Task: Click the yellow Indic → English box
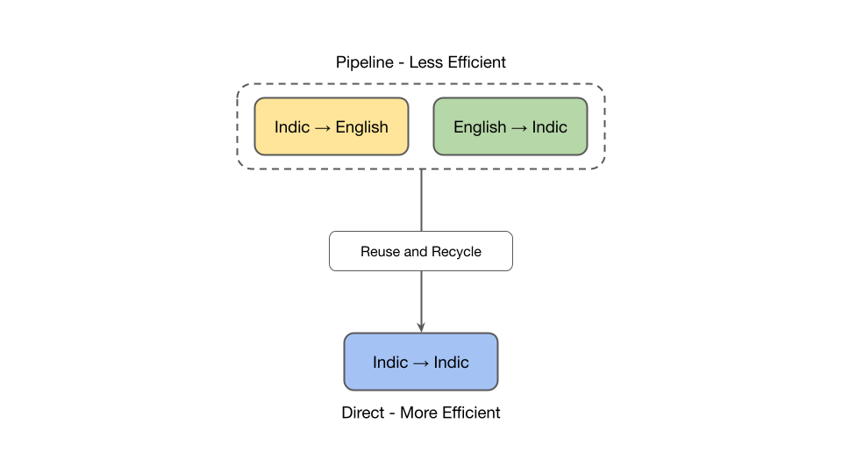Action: pos(332,126)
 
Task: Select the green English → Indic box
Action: pos(510,126)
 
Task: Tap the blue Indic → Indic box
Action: pos(421,362)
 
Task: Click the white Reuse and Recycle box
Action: pos(421,251)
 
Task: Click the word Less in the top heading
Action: pos(427,62)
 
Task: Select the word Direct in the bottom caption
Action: pos(364,413)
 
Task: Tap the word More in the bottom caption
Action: pos(420,413)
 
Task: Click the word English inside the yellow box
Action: pos(361,127)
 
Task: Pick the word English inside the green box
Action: pos(480,127)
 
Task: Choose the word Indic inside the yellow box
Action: pos(292,127)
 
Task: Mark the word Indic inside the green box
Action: pos(550,127)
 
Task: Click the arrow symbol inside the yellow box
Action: pos(322,128)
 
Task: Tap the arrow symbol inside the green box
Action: pos(519,128)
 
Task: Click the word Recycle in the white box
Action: pos(455,252)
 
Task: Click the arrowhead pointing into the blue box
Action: pos(421,327)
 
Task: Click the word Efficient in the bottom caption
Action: pos(471,413)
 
